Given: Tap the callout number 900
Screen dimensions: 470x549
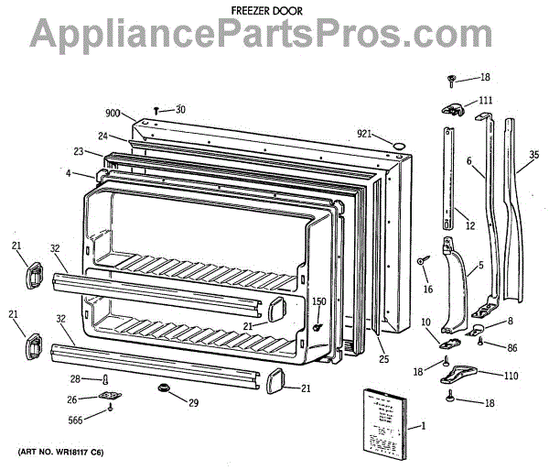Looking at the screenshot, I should (x=113, y=113).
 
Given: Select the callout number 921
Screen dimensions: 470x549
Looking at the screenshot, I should (x=364, y=136).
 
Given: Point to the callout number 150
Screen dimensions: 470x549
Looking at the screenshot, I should (x=318, y=301).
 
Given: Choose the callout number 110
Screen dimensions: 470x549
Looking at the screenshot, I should (x=511, y=376).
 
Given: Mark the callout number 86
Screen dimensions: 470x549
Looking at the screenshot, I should (x=512, y=349).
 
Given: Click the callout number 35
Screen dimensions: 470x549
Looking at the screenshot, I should (x=534, y=168).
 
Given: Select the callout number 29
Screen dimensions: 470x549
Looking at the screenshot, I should (x=193, y=404).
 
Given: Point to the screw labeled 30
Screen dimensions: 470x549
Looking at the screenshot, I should (x=157, y=110).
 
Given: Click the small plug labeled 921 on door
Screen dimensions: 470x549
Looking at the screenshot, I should (x=398, y=145).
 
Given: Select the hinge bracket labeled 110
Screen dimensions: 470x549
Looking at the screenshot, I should (x=464, y=373).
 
